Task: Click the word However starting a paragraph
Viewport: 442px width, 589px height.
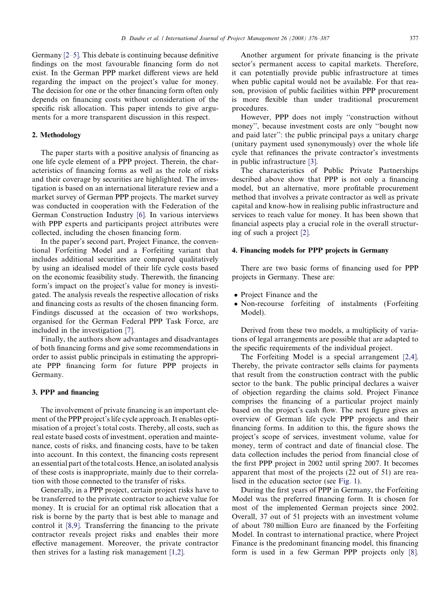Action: click(258, 117)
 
